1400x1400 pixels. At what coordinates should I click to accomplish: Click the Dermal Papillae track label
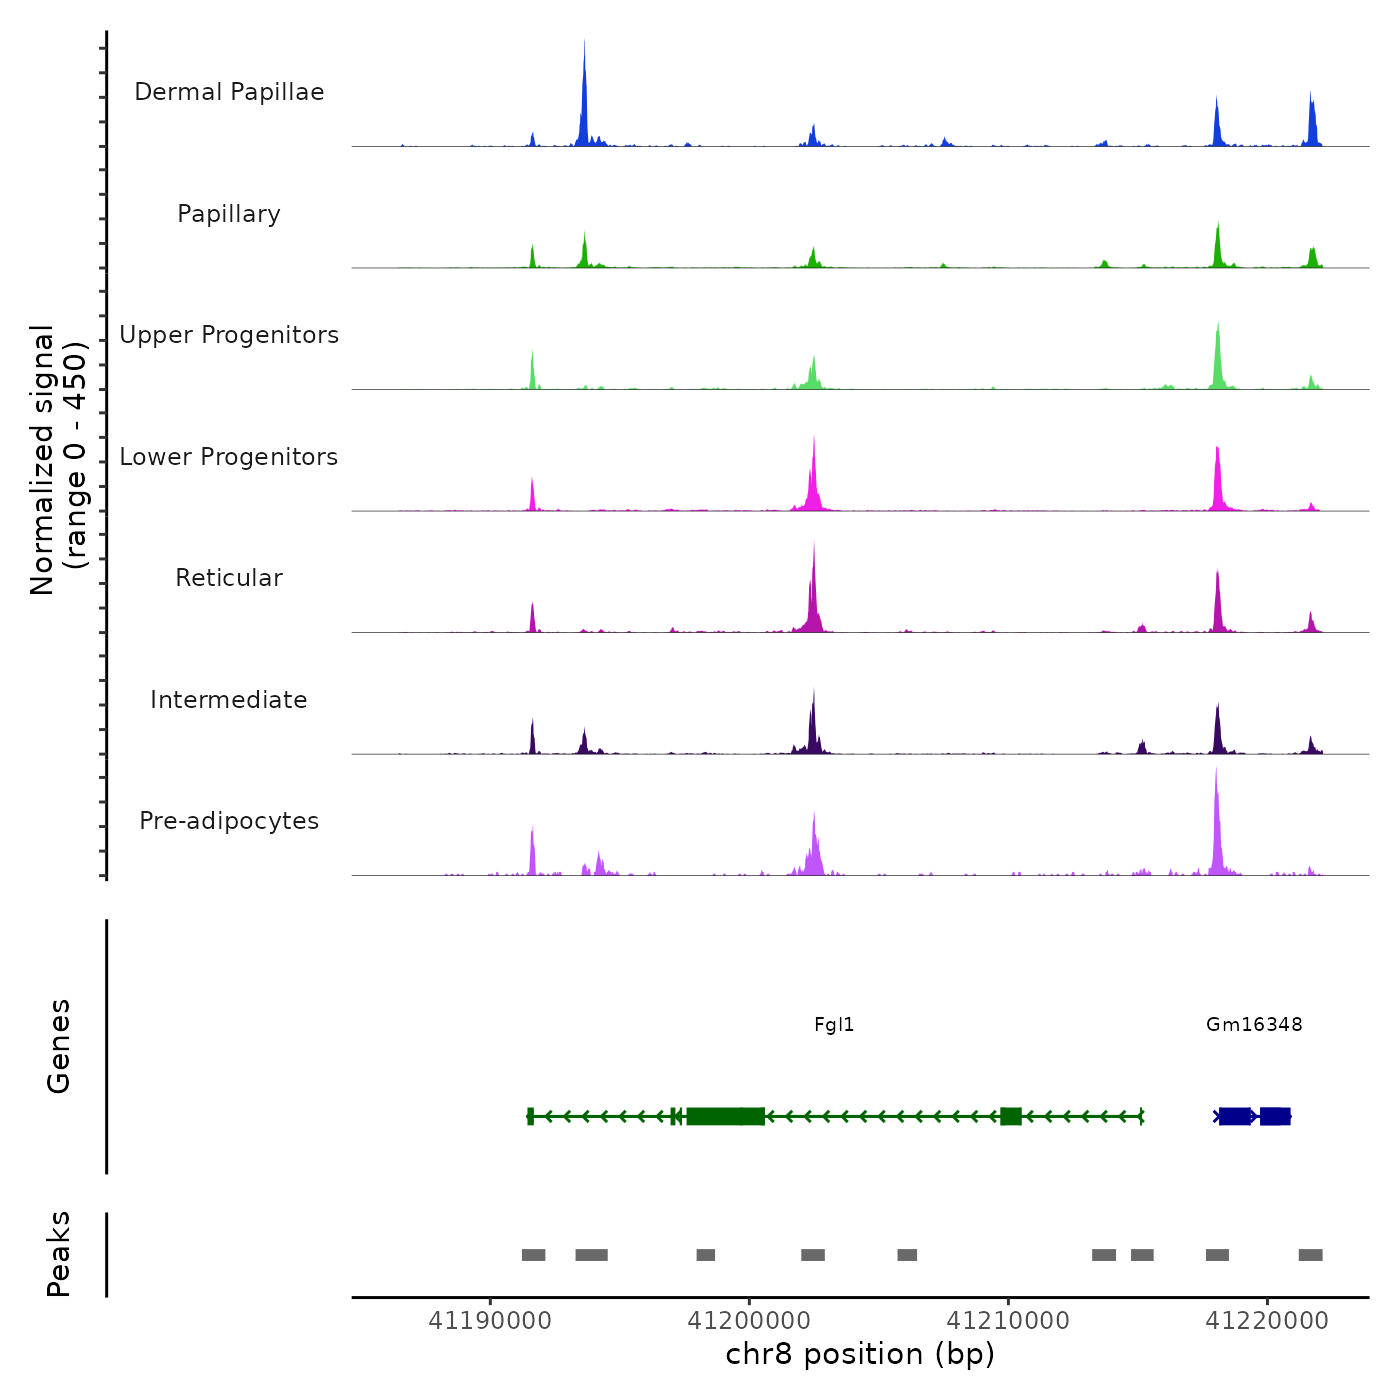[x=229, y=92]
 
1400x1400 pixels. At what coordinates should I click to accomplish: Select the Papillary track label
[x=229, y=214]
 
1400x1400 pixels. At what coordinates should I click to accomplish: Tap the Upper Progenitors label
[x=229, y=335]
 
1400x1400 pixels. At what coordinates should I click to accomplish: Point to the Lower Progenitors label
[x=229, y=457]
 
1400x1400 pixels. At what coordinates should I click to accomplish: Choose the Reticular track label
[x=229, y=578]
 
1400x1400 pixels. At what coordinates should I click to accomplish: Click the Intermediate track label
[x=229, y=700]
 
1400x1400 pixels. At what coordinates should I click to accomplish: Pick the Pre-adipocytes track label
[x=229, y=821]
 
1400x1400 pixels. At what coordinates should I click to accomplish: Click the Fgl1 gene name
[x=834, y=1025]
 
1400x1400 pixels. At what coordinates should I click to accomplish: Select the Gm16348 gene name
[x=1254, y=1025]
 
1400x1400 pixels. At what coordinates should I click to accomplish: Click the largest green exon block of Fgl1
[x=726, y=1116]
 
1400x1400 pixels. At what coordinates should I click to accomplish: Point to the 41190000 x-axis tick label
[x=490, y=1321]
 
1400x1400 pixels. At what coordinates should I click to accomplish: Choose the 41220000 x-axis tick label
[x=1267, y=1321]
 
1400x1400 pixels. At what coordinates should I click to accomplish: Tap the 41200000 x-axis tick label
[x=749, y=1321]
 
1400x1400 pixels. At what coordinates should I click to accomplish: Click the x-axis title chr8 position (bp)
[x=860, y=1355]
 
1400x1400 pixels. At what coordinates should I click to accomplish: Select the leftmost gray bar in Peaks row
[x=533, y=1255]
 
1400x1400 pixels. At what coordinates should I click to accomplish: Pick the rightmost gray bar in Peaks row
[x=1310, y=1255]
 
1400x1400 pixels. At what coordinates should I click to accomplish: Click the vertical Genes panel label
[x=59, y=1046]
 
